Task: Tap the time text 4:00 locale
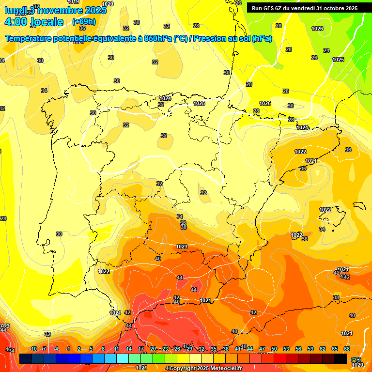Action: tap(34, 22)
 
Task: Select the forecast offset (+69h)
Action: tap(84, 22)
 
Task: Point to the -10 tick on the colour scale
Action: tap(33, 349)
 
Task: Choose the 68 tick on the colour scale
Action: tap(347, 349)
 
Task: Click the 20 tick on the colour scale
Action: tap(153, 349)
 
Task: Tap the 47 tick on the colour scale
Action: tap(262, 349)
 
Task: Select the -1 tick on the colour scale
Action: tap(68, 349)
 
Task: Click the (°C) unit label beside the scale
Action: tap(356, 359)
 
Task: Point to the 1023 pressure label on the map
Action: tap(182, 247)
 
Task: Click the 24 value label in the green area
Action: tap(326, 50)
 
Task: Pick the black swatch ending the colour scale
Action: tap(341, 358)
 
